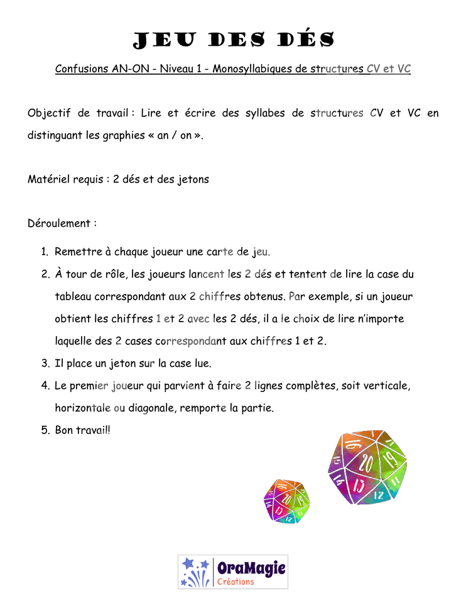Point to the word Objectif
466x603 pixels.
point(49,113)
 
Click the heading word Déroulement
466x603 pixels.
point(59,223)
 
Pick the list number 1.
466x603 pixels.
point(45,251)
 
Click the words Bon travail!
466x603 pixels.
point(83,430)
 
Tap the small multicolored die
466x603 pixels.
point(286,501)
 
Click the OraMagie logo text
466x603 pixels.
point(251,568)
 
